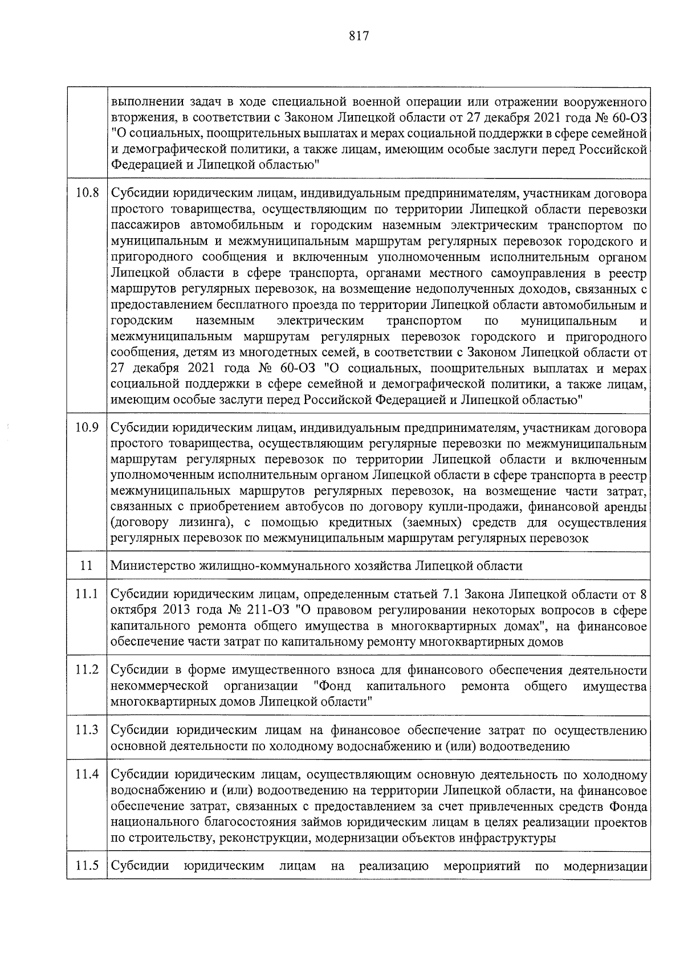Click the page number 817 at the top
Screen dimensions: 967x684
coord(359,36)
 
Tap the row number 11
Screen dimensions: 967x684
coord(87,566)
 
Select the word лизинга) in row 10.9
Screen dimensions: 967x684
coord(209,523)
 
